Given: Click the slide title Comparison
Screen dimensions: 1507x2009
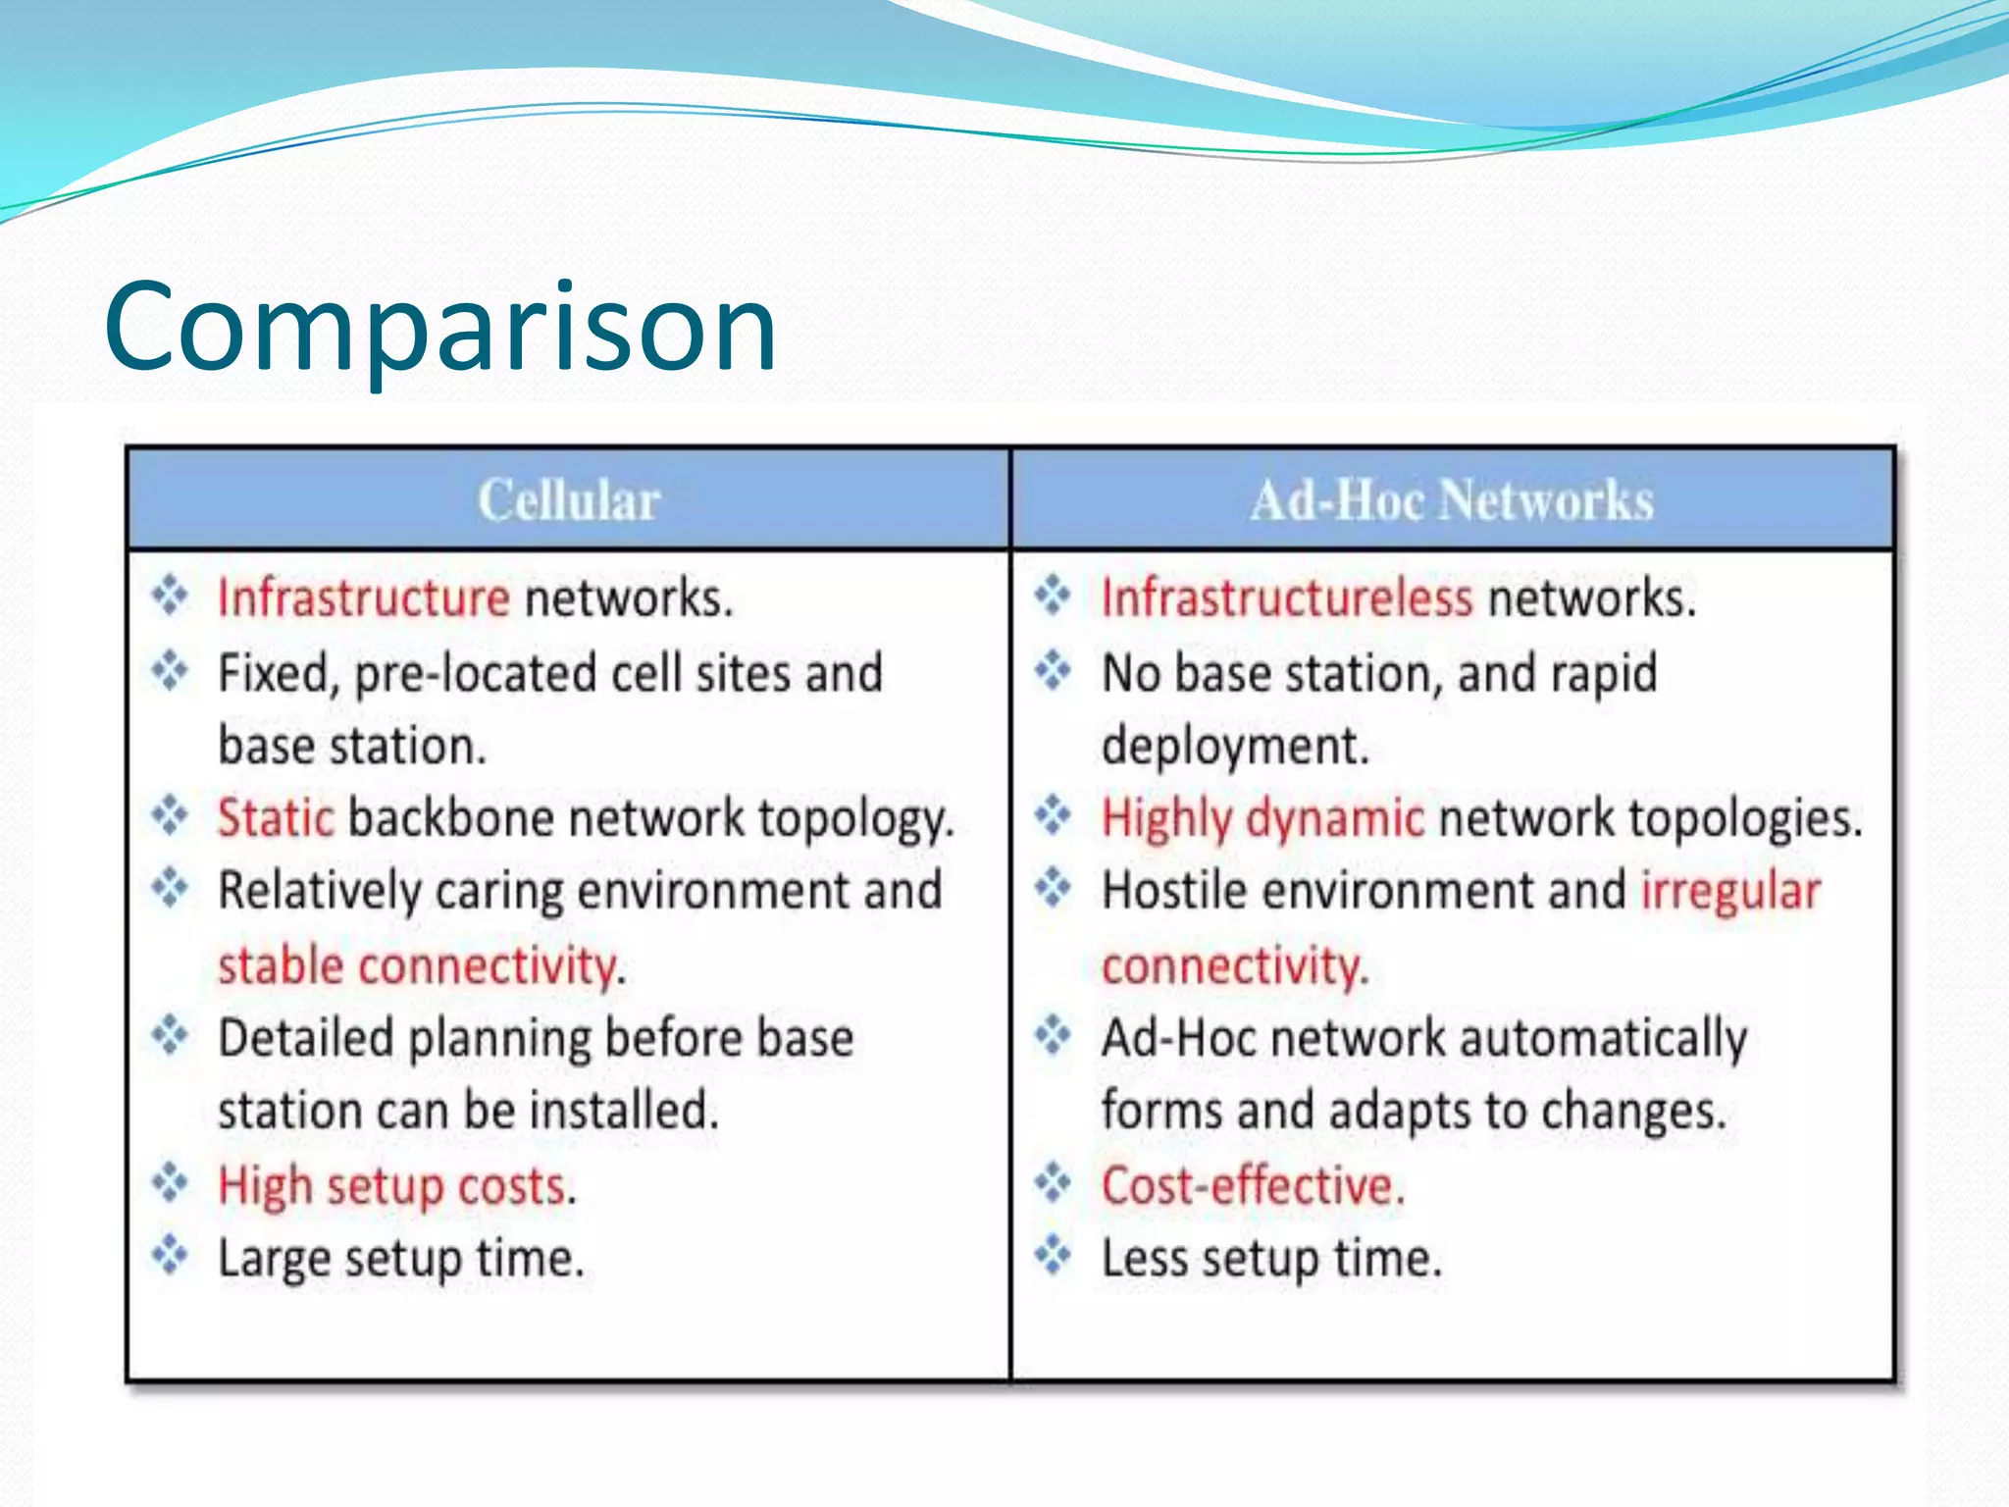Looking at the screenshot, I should pos(440,327).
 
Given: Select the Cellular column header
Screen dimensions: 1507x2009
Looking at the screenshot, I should pos(568,500).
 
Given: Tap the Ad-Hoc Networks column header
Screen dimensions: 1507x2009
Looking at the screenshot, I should pos(1451,500).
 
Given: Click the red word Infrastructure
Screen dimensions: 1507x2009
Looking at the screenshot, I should pos(363,598).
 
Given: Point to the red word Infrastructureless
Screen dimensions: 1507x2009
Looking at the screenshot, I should pos(1286,598).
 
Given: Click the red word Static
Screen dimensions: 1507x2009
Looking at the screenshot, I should pos(276,818).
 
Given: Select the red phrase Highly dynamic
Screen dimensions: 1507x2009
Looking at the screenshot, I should pos(1262,818).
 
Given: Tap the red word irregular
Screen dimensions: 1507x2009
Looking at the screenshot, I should pos(1730,891).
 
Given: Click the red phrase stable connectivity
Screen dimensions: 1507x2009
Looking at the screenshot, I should pos(419,966).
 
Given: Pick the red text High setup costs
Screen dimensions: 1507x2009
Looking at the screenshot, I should pos(395,1186).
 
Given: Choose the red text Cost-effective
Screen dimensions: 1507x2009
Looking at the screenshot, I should pos(1252,1186).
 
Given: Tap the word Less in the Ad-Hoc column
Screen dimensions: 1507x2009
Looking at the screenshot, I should pos(1145,1259).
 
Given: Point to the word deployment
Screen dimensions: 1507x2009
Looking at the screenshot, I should pos(1233,747).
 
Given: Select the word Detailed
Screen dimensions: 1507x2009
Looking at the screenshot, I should pos(305,1039).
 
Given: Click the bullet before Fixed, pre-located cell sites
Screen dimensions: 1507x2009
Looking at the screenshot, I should pos(170,671).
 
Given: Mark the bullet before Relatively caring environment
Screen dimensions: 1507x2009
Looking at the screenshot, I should pos(170,888).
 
